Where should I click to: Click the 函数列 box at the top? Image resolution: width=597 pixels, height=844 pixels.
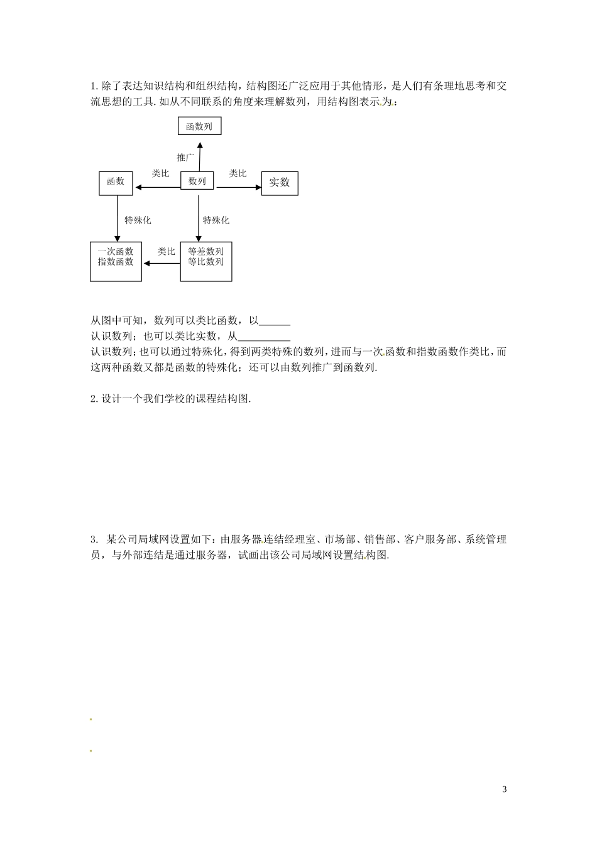click(199, 126)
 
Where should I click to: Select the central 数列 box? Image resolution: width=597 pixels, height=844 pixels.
click(197, 181)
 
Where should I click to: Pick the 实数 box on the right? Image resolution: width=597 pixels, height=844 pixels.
click(280, 183)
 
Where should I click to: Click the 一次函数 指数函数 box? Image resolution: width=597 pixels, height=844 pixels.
click(116, 261)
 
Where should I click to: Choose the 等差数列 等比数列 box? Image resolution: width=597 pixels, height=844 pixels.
click(205, 261)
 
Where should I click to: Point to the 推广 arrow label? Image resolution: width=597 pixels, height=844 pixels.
click(185, 158)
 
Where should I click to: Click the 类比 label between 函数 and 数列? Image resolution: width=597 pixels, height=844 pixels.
click(160, 173)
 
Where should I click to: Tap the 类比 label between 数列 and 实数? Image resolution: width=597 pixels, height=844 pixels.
click(238, 173)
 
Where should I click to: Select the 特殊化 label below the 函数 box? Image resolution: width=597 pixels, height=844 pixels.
click(138, 220)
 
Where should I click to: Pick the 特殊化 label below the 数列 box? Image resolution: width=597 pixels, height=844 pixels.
click(216, 220)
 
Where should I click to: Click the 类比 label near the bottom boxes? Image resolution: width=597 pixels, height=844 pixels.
click(166, 252)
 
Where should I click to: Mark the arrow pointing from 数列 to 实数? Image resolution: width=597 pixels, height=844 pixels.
click(238, 187)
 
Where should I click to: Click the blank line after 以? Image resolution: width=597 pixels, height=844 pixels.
click(275, 323)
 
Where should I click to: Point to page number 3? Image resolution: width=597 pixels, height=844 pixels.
click(505, 789)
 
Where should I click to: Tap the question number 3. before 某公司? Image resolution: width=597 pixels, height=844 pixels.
click(94, 539)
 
